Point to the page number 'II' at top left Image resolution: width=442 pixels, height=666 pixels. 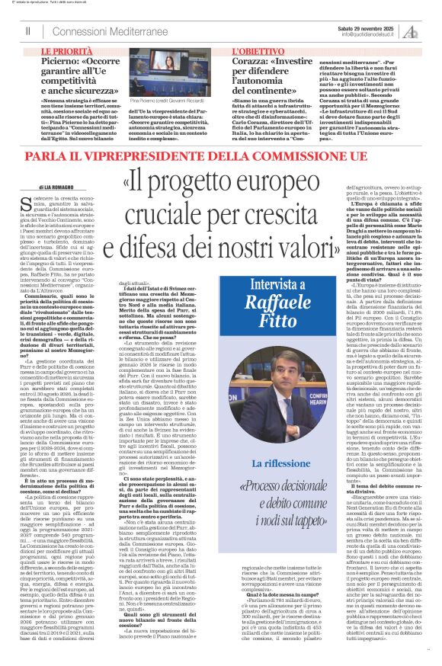coord(28,30)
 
